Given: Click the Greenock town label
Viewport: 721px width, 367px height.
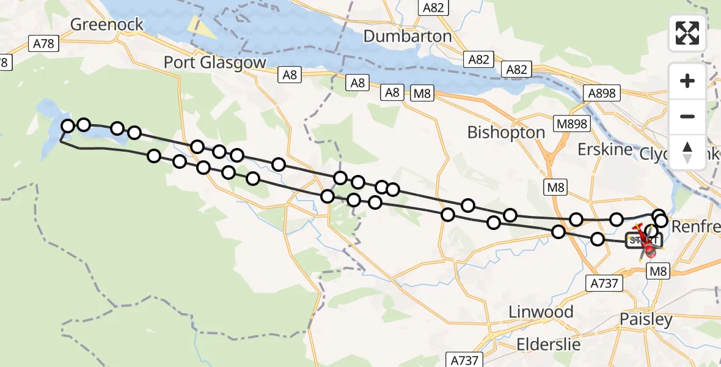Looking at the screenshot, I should (107, 24).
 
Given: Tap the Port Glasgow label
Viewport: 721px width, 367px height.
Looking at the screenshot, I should (215, 62).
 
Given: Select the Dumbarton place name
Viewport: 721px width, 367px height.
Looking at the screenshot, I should (408, 36).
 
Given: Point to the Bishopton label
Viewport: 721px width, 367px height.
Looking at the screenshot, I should (506, 132).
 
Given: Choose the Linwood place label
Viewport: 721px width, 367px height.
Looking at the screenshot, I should (541, 312).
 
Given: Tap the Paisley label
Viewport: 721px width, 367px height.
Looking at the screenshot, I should (646, 319).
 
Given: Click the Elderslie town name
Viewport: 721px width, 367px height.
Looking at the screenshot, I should (549, 344).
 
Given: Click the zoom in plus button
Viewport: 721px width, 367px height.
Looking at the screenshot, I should (687, 81).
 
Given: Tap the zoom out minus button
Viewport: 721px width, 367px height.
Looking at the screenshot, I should (687, 116).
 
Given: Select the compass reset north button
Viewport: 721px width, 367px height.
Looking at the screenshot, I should (687, 152).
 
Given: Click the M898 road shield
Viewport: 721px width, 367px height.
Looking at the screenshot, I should (571, 124).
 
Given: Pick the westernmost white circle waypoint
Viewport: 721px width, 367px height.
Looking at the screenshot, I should (68, 126).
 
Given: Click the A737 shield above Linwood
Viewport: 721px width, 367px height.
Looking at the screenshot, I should (605, 283).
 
